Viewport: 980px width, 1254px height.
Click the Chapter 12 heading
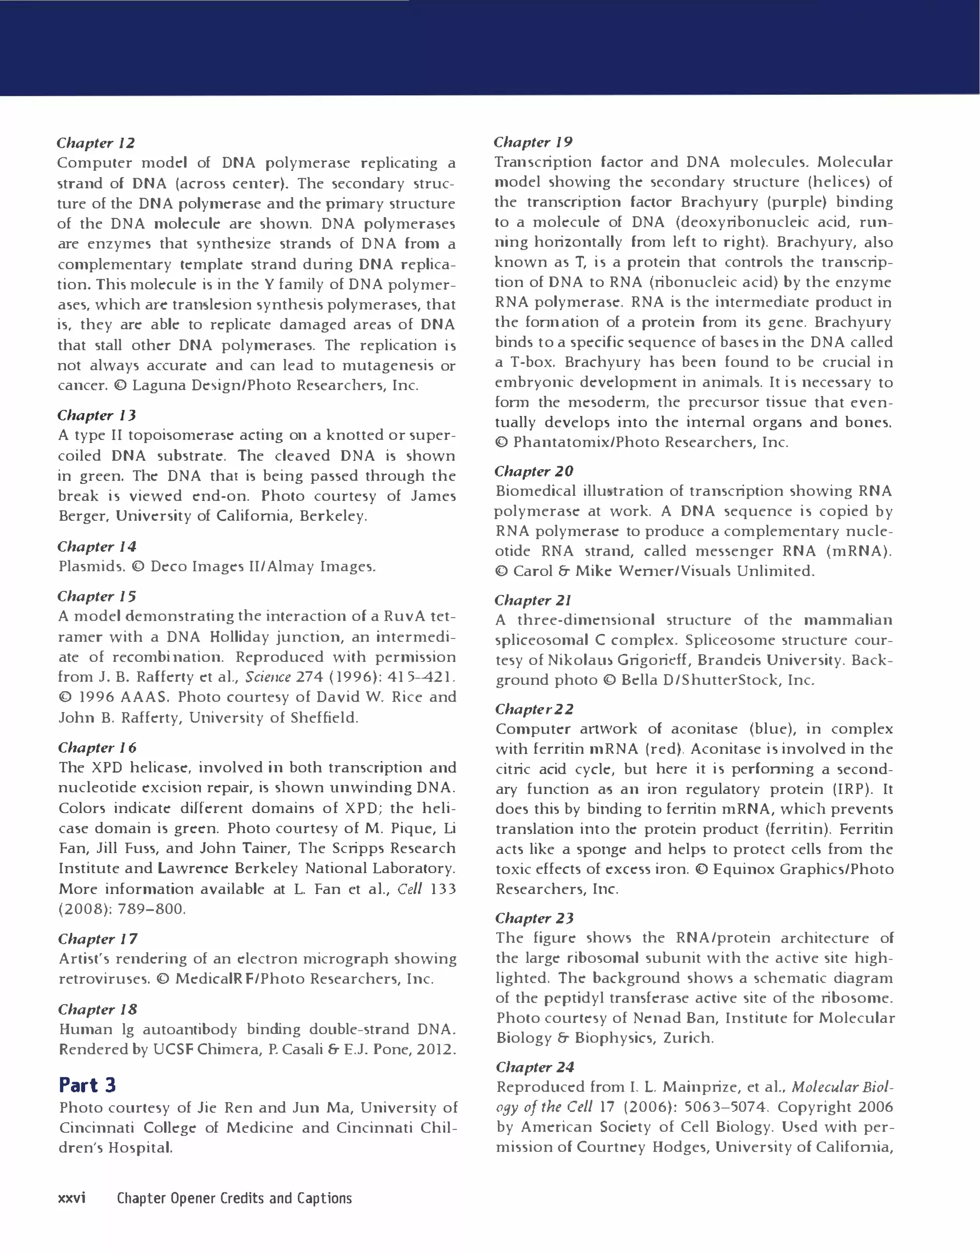pos(96,143)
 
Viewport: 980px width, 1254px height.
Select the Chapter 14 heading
pos(97,547)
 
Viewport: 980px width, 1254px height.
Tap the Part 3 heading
pos(87,1085)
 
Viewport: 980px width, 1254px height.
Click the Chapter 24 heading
pos(535,1067)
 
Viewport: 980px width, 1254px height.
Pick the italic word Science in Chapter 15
pos(267,677)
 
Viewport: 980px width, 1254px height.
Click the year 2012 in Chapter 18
pos(436,1050)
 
